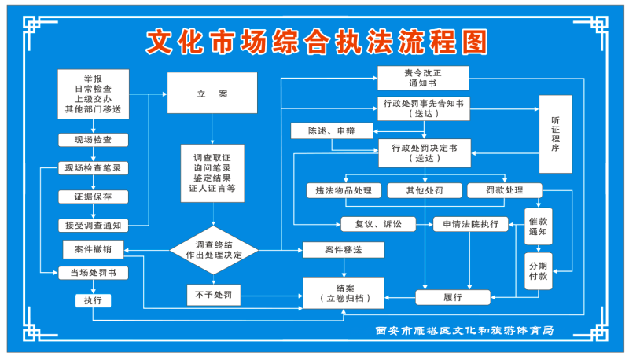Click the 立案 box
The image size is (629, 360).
[212, 94]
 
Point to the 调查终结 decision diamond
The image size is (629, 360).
[213, 250]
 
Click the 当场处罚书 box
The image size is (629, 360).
[93, 273]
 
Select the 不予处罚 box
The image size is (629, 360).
[213, 296]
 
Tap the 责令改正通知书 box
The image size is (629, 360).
[423, 77]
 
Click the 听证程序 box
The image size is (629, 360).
[555, 134]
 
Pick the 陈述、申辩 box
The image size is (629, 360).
[330, 131]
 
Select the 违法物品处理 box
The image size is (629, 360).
[344, 190]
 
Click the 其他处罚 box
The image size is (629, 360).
[425, 190]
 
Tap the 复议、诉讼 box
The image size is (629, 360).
[377, 224]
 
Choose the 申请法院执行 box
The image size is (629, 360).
[470, 224]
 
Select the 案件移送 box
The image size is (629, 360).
[344, 250]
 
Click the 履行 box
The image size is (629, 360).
[452, 297]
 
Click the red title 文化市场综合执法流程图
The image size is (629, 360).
[317, 42]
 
